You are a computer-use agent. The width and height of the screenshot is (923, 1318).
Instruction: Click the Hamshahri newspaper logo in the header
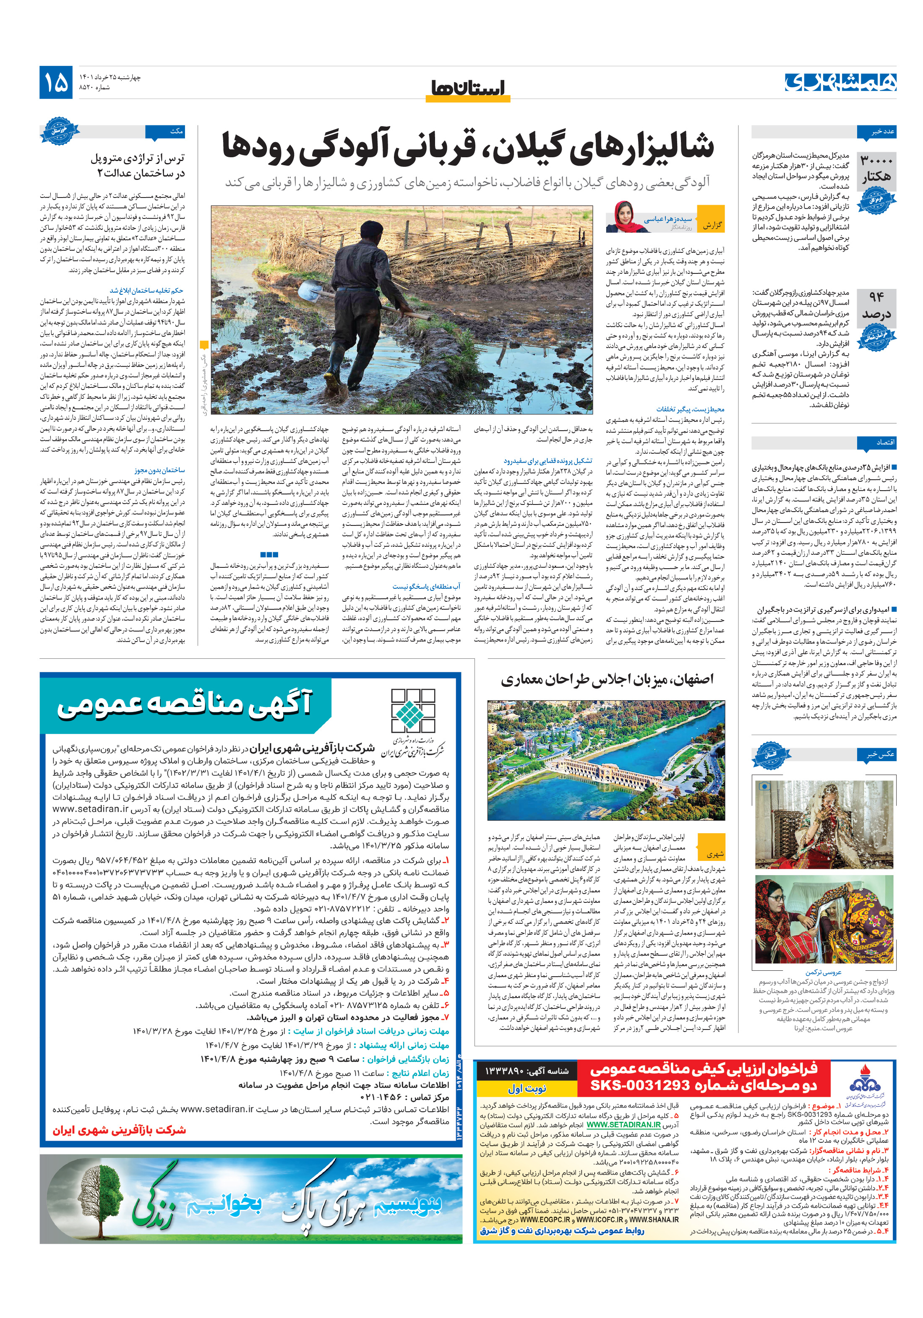coord(840,82)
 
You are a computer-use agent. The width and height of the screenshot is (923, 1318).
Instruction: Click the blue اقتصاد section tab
coord(876,442)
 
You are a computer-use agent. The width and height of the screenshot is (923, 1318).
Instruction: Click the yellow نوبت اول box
coord(527,1089)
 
